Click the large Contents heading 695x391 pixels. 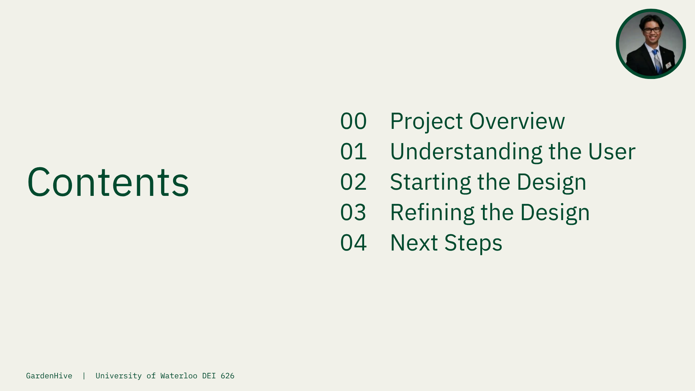[x=108, y=182]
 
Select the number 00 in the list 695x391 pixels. [x=354, y=121]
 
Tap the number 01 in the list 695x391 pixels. [x=354, y=151]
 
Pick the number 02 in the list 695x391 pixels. [x=354, y=182]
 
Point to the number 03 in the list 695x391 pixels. [x=353, y=212]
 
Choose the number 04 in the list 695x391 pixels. [x=354, y=243]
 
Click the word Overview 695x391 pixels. [x=517, y=121]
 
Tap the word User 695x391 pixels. [x=612, y=151]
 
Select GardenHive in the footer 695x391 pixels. [x=49, y=376]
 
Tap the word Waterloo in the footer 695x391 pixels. [x=179, y=376]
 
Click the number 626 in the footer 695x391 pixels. [x=228, y=376]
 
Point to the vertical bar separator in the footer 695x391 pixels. [x=84, y=376]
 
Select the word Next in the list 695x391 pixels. [x=414, y=243]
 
